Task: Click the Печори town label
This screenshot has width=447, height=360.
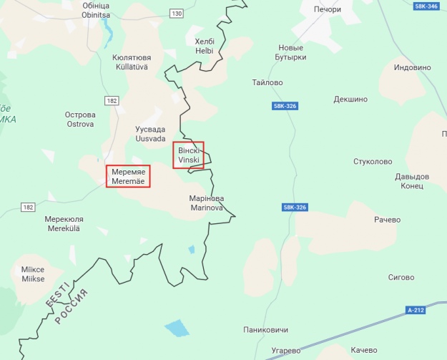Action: click(327, 9)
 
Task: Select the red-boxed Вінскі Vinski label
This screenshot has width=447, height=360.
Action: click(189, 155)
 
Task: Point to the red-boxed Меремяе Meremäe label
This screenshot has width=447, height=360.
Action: click(129, 177)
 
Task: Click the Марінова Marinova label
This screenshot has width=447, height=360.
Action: click(207, 203)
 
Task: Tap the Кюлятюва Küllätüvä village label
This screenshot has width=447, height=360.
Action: click(131, 62)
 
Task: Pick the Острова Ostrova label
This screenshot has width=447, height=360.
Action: click(80, 119)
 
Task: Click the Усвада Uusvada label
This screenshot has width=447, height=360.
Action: click(150, 134)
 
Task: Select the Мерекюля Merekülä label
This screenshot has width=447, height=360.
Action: click(64, 223)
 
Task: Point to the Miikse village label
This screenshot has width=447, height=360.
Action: click(33, 274)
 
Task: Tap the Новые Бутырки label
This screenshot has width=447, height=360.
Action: click(292, 52)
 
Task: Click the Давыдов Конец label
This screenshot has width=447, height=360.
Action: click(412, 181)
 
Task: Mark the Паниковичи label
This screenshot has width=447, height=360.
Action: click(266, 330)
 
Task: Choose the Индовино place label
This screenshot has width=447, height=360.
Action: click(413, 67)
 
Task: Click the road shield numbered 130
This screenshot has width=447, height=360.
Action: click(177, 14)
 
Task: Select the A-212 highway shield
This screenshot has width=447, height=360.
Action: click(416, 310)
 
